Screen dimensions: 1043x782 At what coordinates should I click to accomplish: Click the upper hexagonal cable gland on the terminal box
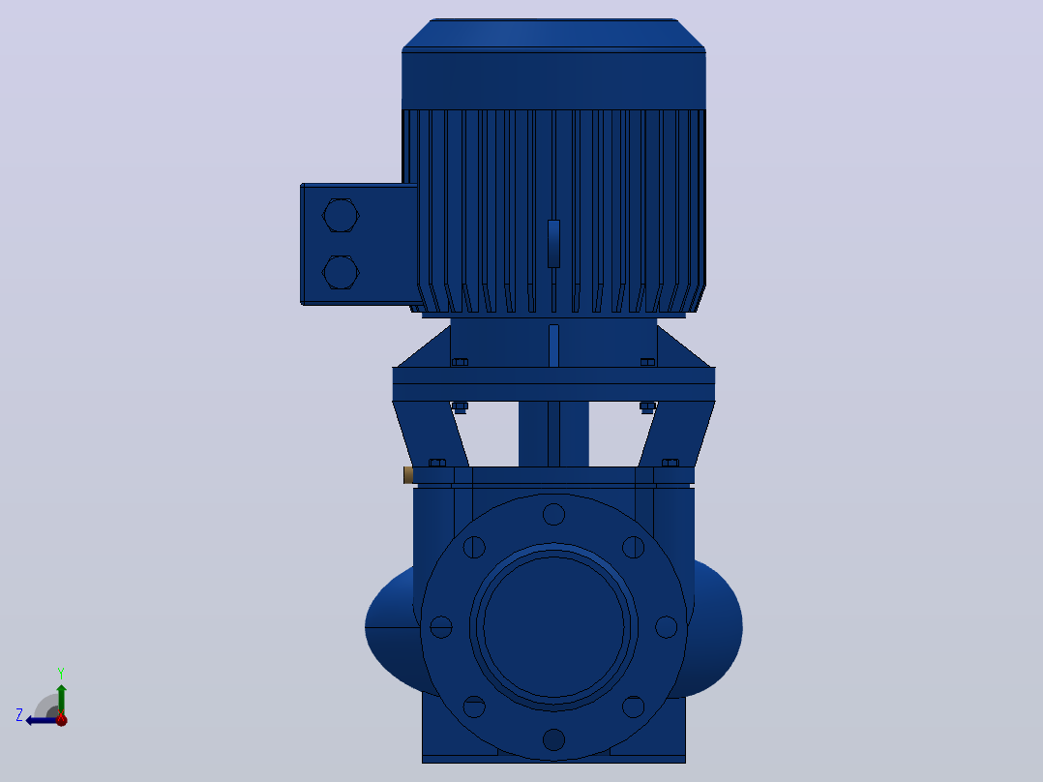341,215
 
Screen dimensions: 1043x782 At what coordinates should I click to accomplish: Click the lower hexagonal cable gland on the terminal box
341,272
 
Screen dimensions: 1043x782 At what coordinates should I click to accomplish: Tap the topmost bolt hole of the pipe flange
553,515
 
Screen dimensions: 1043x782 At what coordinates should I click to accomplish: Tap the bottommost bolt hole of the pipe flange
553,739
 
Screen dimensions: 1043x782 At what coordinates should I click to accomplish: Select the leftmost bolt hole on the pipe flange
441,627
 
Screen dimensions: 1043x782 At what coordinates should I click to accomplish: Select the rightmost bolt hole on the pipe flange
666,627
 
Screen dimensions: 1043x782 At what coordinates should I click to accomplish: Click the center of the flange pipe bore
553,627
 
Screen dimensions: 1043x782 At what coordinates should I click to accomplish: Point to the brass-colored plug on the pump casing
408,475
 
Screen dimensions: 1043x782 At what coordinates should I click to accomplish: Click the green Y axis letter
61,674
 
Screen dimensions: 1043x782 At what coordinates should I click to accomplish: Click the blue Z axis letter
19,715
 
